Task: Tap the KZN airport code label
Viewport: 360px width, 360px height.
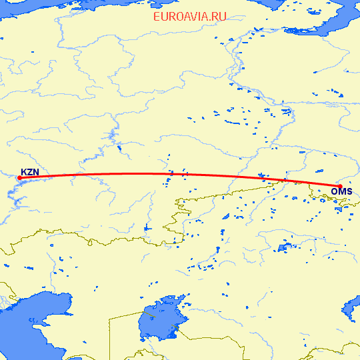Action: click(x=30, y=172)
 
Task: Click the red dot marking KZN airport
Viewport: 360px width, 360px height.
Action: click(x=19, y=177)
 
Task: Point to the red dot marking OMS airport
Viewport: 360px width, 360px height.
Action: click(x=339, y=186)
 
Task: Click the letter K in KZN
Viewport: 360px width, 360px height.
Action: click(x=24, y=172)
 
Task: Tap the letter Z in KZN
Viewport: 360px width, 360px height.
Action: click(x=30, y=172)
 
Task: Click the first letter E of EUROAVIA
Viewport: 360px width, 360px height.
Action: click(x=157, y=17)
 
